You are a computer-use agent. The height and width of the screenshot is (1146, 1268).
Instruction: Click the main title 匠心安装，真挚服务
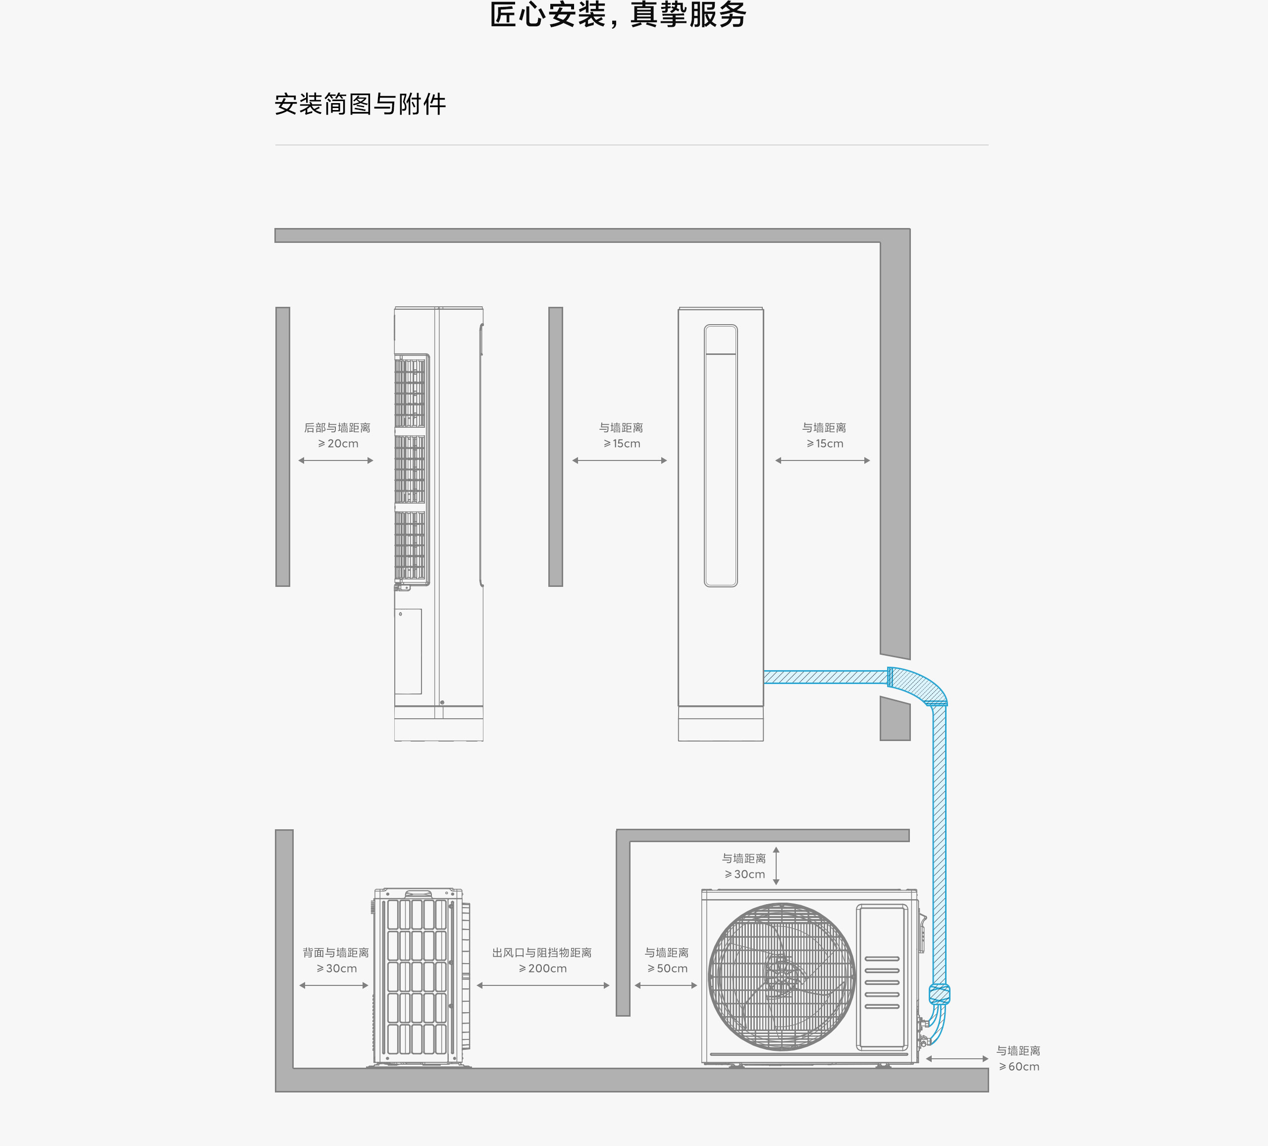click(618, 15)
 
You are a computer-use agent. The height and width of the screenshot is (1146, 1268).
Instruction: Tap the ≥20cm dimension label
click(338, 444)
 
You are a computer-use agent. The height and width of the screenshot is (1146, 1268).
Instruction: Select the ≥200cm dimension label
click(542, 969)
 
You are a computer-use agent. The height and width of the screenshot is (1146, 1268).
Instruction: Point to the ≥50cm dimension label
click(667, 969)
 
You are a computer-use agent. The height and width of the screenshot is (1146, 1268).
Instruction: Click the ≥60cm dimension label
click(1018, 1067)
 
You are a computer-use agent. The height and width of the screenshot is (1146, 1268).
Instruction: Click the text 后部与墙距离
click(337, 428)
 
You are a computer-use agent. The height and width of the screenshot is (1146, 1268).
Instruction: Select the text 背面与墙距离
click(335, 953)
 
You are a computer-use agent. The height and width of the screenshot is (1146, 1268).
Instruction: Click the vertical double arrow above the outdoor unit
click(776, 866)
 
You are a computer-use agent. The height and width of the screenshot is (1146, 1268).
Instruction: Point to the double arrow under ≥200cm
click(543, 985)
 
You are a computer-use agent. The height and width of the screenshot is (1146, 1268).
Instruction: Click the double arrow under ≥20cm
click(336, 460)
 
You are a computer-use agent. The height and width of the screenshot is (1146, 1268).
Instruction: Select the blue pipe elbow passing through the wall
click(919, 686)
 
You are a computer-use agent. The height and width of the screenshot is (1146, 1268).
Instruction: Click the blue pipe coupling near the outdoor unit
click(939, 994)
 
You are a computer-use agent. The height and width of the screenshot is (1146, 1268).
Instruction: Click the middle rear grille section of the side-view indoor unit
click(410, 469)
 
